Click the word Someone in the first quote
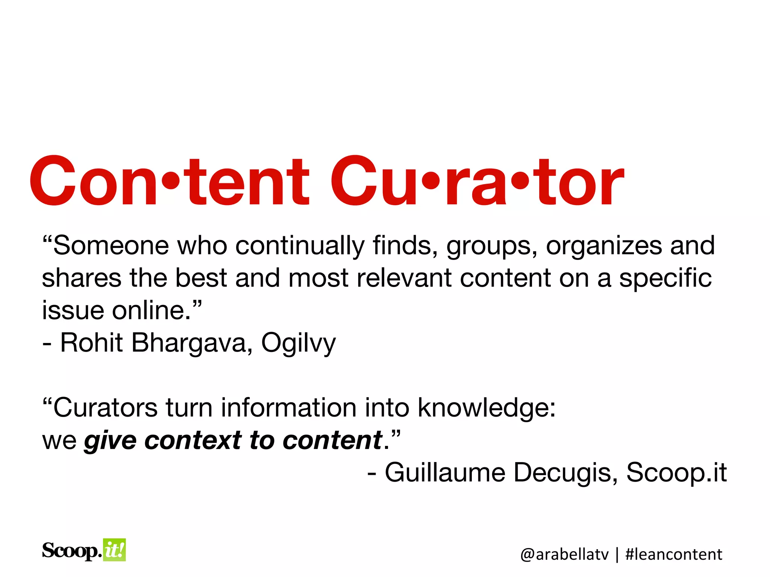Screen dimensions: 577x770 click(x=111, y=246)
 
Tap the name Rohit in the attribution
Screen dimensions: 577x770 click(x=91, y=343)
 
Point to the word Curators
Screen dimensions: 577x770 click(x=105, y=408)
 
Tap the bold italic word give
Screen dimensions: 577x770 click(x=110, y=441)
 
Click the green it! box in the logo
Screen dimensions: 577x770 click(x=114, y=550)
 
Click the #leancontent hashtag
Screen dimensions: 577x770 click(x=673, y=554)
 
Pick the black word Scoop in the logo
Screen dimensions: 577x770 click(x=71, y=551)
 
